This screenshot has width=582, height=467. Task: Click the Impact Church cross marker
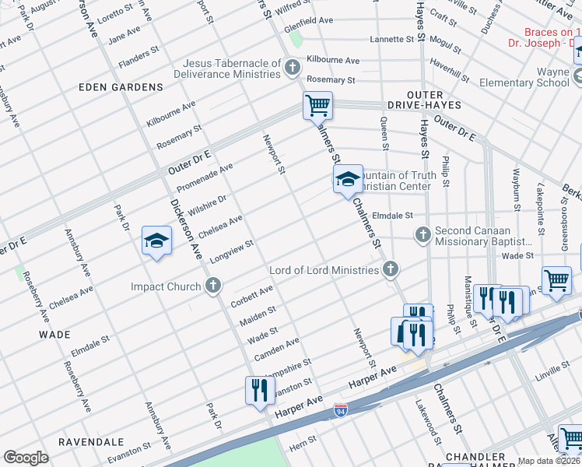[x=212, y=286]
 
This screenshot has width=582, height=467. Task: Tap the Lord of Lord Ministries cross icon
[x=391, y=270]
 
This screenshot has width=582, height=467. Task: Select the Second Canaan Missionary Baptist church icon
[x=422, y=233]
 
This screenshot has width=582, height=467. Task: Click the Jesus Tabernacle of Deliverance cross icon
[x=293, y=68]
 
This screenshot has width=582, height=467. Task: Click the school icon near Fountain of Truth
[x=348, y=181]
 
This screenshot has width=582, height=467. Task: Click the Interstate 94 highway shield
[x=341, y=409]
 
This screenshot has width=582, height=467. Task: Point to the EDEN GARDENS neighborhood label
[x=121, y=88]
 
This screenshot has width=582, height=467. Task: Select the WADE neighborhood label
[x=54, y=334]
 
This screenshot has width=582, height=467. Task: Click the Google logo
[x=25, y=458]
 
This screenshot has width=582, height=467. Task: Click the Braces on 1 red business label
[x=552, y=32]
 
